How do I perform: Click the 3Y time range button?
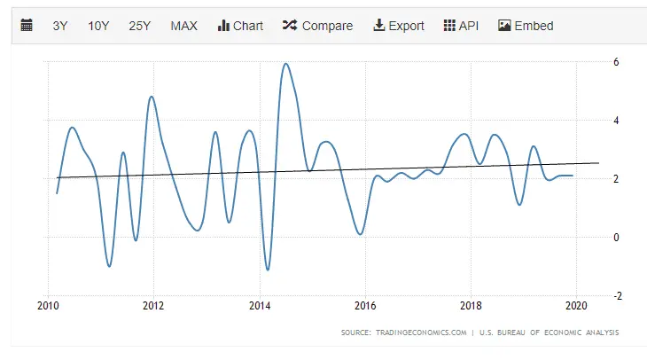tap(60, 26)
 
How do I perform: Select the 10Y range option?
tap(98, 26)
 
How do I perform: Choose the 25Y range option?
tap(140, 26)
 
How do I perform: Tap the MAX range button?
tap(183, 26)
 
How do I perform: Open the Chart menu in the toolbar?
tap(240, 26)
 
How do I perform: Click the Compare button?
tap(317, 26)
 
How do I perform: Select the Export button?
tap(399, 26)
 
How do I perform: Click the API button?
tap(461, 26)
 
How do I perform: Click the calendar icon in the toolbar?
tap(27, 26)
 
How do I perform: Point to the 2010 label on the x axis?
tap(48, 306)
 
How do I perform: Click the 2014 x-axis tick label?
tap(260, 306)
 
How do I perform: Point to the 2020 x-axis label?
tap(576, 306)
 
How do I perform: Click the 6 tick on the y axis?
tap(615, 62)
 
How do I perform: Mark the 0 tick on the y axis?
tap(615, 238)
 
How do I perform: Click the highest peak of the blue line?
tap(285, 64)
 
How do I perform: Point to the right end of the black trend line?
tap(599, 162)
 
